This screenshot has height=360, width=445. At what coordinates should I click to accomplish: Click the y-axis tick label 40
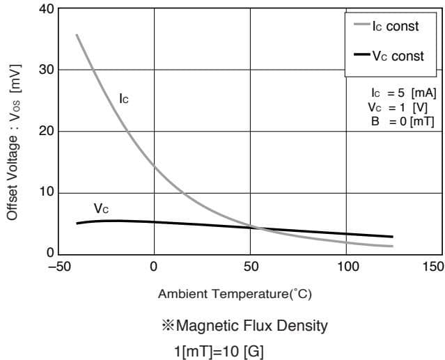click(45, 9)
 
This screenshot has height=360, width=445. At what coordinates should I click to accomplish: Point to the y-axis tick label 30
click(45, 70)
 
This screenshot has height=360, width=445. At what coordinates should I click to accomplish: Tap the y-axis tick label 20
click(45, 132)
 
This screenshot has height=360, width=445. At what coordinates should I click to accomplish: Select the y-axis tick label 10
click(45, 193)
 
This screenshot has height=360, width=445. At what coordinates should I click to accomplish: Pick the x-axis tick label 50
click(251, 267)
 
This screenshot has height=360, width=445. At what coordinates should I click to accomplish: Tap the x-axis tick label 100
click(348, 267)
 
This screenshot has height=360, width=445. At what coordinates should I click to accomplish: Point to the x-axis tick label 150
click(432, 267)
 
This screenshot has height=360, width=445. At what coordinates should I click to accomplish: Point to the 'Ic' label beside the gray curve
click(123, 99)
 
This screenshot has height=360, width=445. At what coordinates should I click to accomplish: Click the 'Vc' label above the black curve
click(101, 208)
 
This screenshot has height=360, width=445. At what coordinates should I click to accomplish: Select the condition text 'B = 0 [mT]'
click(403, 120)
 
